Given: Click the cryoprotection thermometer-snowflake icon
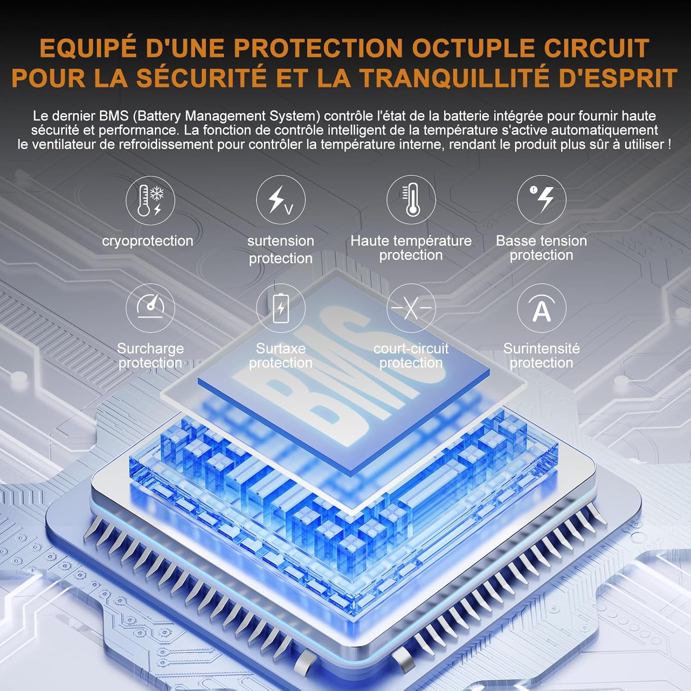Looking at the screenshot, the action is pyautogui.click(x=150, y=200).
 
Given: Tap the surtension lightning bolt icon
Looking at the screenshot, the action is pyautogui.click(x=281, y=200).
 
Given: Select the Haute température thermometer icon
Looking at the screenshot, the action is pyautogui.click(x=411, y=200).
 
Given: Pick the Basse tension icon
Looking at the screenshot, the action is pyautogui.click(x=541, y=200).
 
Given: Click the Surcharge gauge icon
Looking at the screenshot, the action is pyautogui.click(x=150, y=308).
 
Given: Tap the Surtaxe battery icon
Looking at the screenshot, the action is pyautogui.click(x=281, y=308).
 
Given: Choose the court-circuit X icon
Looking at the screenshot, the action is pyautogui.click(x=411, y=308).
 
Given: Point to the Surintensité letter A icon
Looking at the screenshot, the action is pyautogui.click(x=541, y=308).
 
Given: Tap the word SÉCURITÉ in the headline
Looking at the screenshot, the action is pyautogui.click(x=201, y=77).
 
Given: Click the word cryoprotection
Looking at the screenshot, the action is pyautogui.click(x=147, y=241).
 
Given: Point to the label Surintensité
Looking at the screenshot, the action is pyautogui.click(x=541, y=348).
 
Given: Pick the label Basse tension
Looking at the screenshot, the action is pyautogui.click(x=541, y=240).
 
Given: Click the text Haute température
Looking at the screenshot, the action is pyautogui.click(x=411, y=241).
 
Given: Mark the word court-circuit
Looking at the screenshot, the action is pyautogui.click(x=411, y=348).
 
